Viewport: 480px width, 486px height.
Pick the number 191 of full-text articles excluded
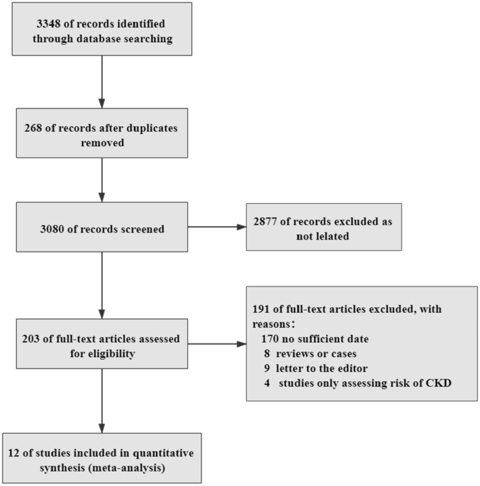[263, 309]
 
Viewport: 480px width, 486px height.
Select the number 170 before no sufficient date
[270, 339]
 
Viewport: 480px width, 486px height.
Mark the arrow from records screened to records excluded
[217, 227]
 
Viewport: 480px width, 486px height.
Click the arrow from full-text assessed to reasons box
[217, 344]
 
